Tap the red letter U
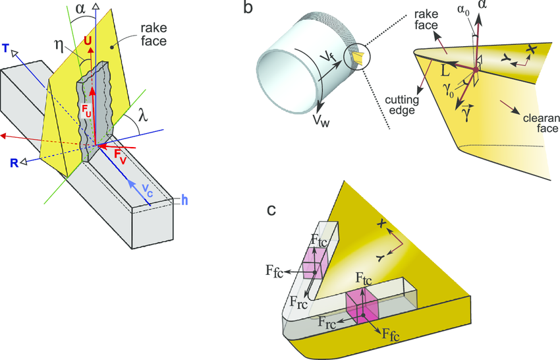(88, 40)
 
